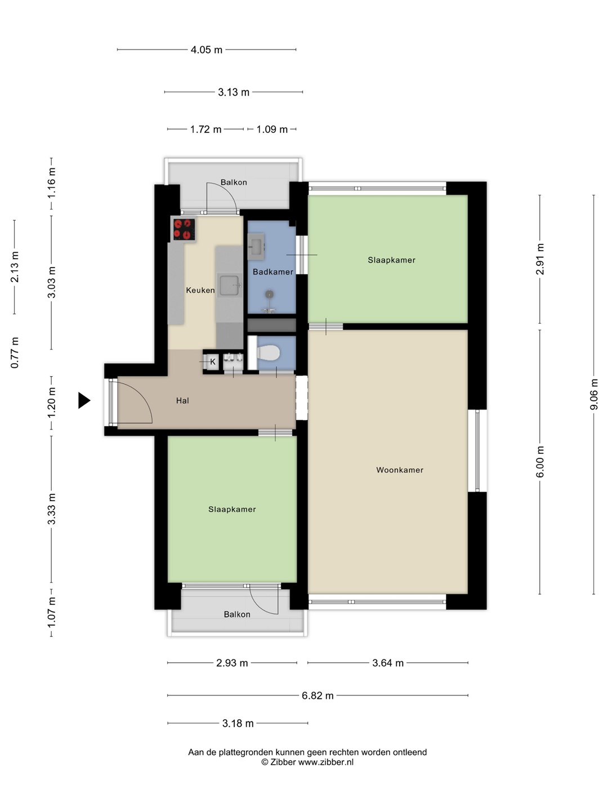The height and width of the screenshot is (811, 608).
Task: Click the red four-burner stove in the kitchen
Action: [x=184, y=229]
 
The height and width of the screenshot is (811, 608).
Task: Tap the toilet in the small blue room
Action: [x=268, y=353]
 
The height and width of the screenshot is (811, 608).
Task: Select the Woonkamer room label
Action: [x=400, y=470]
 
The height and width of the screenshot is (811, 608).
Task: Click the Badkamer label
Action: [x=273, y=272]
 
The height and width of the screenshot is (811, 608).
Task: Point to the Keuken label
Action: [x=200, y=291]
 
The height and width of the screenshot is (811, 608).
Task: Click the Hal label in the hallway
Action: [x=183, y=400]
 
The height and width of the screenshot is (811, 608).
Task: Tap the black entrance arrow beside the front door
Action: [x=84, y=400]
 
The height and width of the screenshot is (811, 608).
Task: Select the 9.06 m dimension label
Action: [x=593, y=394]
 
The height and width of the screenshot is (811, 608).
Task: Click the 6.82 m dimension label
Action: [x=318, y=696]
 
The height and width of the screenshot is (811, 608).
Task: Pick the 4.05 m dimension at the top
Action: [x=207, y=50]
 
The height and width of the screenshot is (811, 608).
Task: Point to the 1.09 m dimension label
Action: [x=272, y=130]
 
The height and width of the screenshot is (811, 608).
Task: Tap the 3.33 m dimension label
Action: [x=51, y=509]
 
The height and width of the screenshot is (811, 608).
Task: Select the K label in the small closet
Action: [x=213, y=362]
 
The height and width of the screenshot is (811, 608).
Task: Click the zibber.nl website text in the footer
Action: [x=325, y=761]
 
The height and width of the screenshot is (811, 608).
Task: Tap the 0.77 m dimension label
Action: [x=15, y=353]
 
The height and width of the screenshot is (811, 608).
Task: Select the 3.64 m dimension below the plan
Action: [x=388, y=663]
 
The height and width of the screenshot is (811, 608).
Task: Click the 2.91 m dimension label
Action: [x=540, y=259]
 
